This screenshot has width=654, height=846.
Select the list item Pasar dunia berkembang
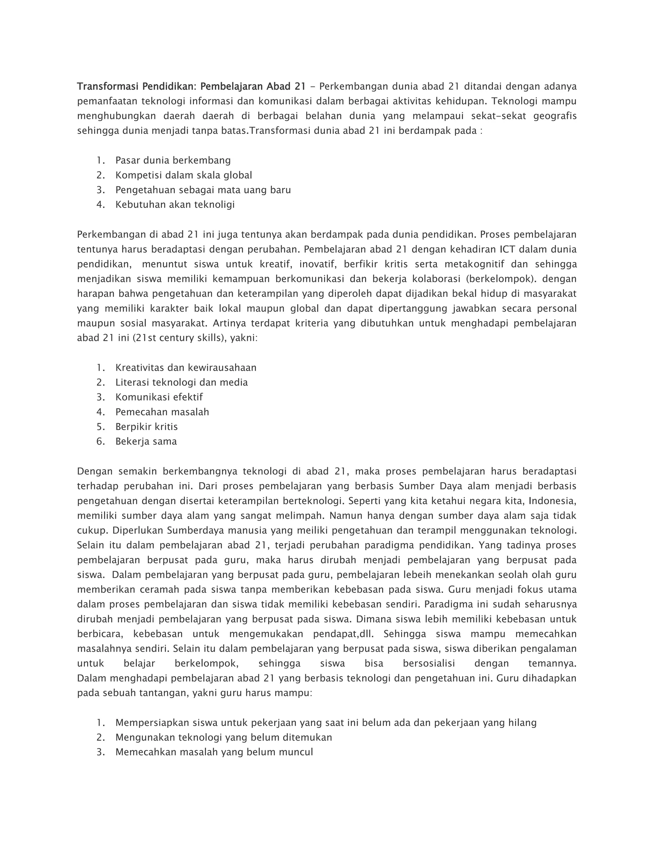coord(173,160)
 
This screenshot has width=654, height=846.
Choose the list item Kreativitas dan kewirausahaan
coord(186,367)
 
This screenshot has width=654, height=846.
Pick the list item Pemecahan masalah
coord(162,412)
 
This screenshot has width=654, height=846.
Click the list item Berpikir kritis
coord(147,427)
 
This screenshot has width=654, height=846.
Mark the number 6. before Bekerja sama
coord(101,442)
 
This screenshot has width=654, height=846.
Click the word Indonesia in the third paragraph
coord(552,501)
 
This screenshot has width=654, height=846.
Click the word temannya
coord(552,664)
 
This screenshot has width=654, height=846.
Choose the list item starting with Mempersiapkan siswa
coord(325,723)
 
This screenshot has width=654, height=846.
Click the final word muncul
coord(298,752)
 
